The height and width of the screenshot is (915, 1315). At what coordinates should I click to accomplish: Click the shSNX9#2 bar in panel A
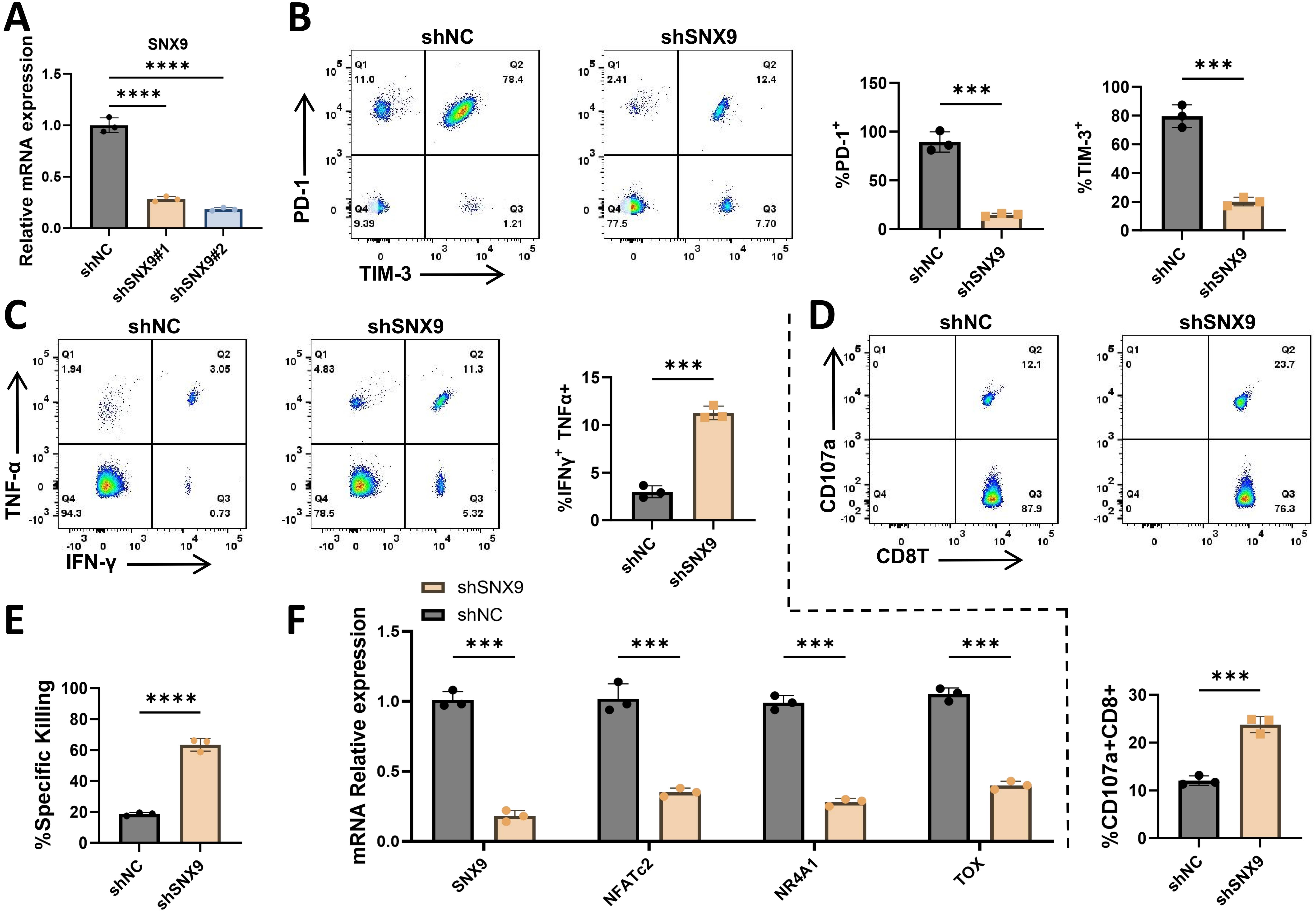coord(223,219)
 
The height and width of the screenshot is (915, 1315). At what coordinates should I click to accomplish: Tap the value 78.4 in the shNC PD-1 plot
coord(513,80)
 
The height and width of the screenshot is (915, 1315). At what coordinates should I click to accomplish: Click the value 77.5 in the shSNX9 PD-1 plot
coord(617,224)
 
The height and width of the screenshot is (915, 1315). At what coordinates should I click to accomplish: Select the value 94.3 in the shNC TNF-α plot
coord(72,514)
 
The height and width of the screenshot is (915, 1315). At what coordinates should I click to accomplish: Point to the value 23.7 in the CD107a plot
coord(1284,365)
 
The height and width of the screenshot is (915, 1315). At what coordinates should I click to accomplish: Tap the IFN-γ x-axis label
coord(91,563)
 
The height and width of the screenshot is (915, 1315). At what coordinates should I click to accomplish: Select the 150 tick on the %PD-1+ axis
coord(873,83)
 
